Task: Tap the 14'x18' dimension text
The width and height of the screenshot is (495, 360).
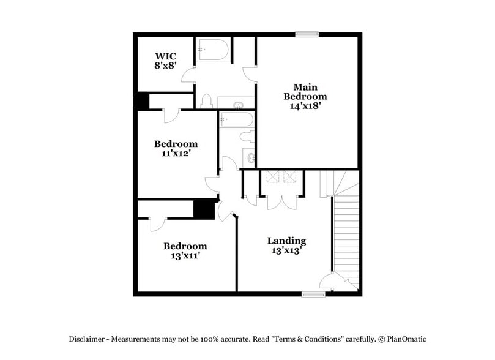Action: [305, 105]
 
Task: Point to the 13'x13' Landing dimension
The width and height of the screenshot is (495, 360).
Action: [286, 250]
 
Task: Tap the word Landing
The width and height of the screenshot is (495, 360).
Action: [286, 241]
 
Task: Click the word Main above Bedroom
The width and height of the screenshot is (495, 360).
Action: [305, 87]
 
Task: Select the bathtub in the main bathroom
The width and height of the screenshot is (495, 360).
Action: [214, 50]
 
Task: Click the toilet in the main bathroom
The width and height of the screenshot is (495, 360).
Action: [206, 100]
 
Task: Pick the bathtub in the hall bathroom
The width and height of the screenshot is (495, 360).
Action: [236, 119]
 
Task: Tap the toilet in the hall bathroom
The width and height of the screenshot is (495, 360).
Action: [247, 136]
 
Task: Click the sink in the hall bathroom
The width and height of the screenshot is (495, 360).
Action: [249, 157]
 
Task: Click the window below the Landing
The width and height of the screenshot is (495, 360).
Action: [313, 294]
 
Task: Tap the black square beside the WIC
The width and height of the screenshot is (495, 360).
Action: [142, 101]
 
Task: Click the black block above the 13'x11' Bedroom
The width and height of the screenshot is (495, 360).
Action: [203, 209]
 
